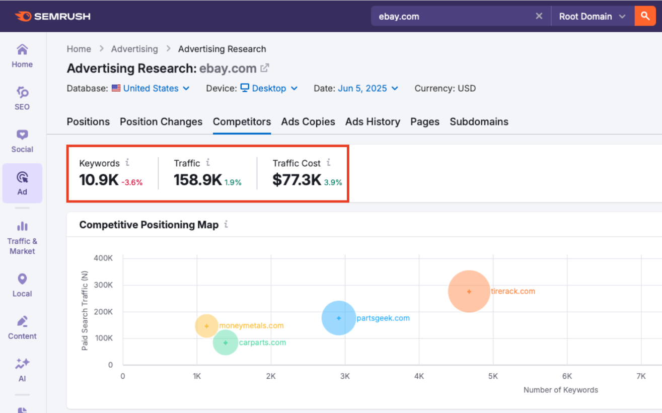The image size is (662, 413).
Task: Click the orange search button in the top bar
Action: (x=645, y=16)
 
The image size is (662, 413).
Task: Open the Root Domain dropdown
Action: (x=593, y=17)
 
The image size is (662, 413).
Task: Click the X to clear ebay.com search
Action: (x=539, y=16)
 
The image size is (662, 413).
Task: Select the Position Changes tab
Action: (x=161, y=122)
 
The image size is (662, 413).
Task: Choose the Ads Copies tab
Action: (x=308, y=122)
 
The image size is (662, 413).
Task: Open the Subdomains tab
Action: (x=479, y=122)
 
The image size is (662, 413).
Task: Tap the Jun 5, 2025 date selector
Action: (x=368, y=89)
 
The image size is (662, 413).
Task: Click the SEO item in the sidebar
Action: (x=22, y=98)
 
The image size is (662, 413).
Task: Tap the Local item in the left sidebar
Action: (x=22, y=285)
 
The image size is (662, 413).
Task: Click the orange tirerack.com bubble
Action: (x=469, y=291)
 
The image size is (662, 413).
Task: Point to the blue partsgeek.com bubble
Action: (x=339, y=318)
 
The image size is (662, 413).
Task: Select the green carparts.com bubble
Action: (x=226, y=342)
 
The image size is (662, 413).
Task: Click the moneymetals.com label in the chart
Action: (x=251, y=326)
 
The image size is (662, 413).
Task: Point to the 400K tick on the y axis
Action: (x=103, y=258)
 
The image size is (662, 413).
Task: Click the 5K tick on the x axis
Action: (x=493, y=376)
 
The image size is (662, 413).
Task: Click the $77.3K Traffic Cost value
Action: (x=297, y=180)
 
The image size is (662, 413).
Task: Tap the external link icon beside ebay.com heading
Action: (x=265, y=68)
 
